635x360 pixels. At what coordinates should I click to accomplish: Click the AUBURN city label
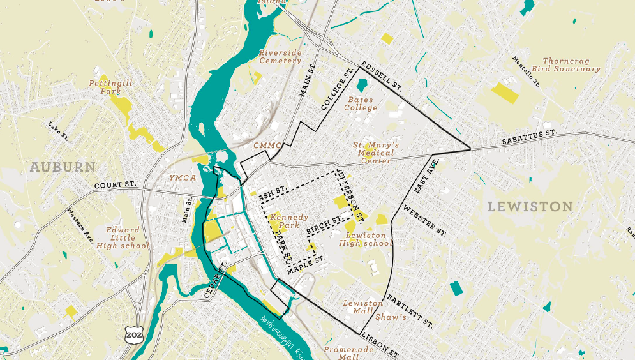click(x=62, y=167)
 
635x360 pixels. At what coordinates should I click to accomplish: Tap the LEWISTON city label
click(x=530, y=206)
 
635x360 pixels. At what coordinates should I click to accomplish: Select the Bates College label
click(x=361, y=104)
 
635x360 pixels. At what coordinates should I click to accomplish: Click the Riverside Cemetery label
click(x=280, y=57)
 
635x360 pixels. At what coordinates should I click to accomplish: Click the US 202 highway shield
click(x=134, y=334)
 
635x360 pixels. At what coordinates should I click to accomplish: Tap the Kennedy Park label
click(x=289, y=221)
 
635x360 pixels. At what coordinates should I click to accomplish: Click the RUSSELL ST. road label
click(x=381, y=76)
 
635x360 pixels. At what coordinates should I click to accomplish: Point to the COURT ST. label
click(x=116, y=185)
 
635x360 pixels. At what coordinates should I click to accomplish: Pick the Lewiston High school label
click(x=366, y=239)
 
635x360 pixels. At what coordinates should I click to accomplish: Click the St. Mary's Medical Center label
click(x=376, y=153)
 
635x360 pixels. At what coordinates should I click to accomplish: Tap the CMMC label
click(x=267, y=146)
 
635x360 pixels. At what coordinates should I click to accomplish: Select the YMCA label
click(x=182, y=177)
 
